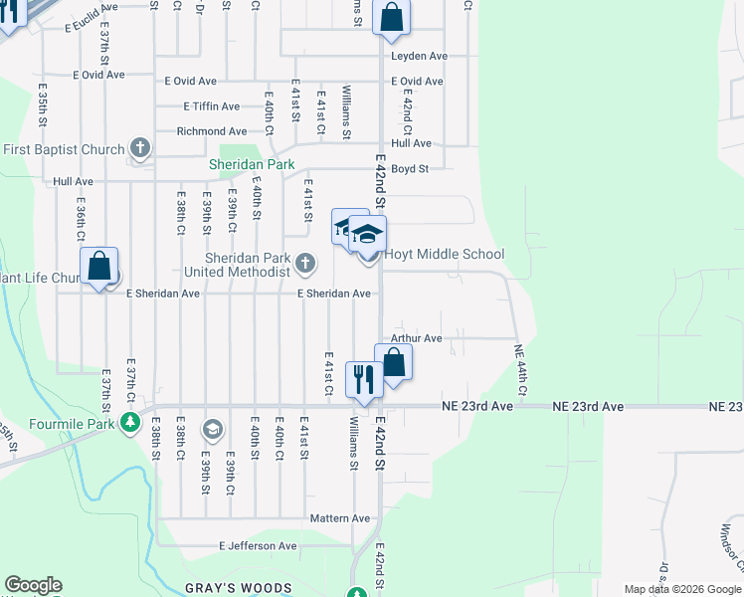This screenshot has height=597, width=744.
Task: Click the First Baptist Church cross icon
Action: coord(140,149)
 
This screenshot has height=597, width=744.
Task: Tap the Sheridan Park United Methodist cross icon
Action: coord(306,264)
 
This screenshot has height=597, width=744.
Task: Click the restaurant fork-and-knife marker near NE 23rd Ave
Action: coord(361,379)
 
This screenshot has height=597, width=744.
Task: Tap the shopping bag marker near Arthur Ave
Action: coord(393,362)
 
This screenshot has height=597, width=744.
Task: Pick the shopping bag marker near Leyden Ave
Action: coord(391,17)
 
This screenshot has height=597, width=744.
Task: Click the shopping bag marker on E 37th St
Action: coord(99,267)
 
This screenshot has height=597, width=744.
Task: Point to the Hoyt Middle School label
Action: coord(444,255)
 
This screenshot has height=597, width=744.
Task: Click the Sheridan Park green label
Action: coord(244,164)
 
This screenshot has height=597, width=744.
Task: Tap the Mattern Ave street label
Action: coord(339,518)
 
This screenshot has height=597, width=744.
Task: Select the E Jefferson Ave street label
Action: coord(258,545)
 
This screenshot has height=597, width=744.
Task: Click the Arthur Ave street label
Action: coord(416,338)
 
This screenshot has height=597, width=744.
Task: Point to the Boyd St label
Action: coord(409,169)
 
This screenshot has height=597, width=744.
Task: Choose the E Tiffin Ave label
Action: coord(211,106)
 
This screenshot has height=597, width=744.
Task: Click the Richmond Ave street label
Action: coord(211,131)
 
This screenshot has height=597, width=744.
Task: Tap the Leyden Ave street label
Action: coord(419,56)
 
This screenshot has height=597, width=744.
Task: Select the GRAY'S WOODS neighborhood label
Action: coord(239,588)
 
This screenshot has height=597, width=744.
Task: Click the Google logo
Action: coord(33,585)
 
